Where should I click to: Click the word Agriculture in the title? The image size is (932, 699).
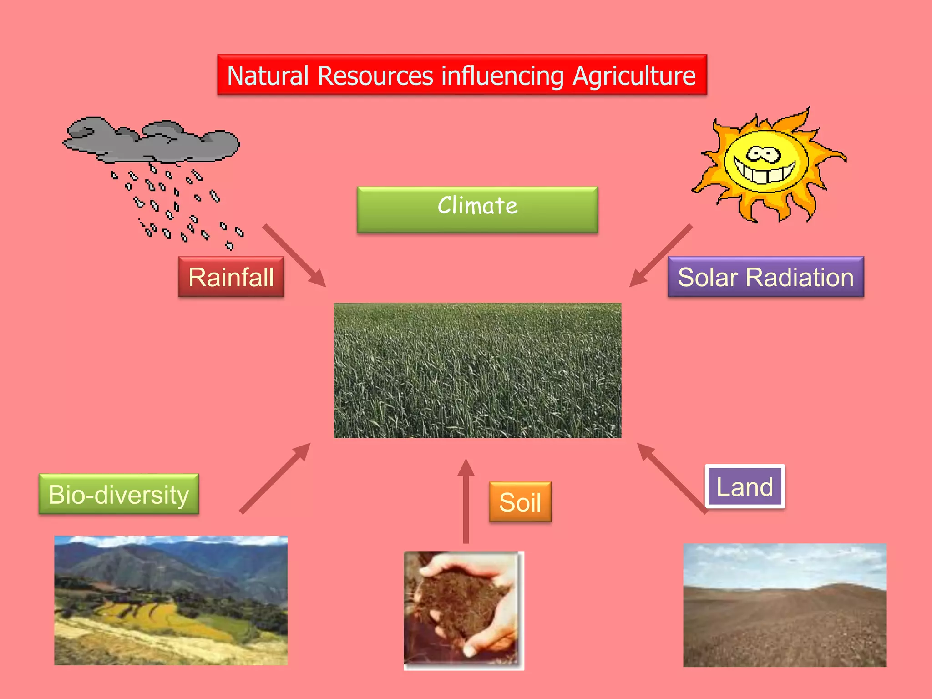coord(634,76)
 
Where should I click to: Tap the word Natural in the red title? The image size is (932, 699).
coord(268,76)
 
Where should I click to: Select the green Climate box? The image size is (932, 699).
coord(477,209)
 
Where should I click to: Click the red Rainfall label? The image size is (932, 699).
coord(231,277)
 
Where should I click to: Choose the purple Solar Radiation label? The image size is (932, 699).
coord(765,277)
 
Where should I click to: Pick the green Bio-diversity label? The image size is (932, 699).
coord(119,494)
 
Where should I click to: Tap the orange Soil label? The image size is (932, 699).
coord(520,502)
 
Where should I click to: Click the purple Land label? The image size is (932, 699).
coord(745,486)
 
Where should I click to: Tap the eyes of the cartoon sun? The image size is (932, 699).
coord(763,154)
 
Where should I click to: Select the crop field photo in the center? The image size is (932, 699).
coord(477,370)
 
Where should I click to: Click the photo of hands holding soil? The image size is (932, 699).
coord(463,610)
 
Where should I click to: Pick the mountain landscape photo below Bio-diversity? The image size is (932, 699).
coord(171,600)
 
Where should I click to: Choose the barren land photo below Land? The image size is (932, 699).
coord(785,605)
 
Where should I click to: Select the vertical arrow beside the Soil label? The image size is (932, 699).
coord(466,501)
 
